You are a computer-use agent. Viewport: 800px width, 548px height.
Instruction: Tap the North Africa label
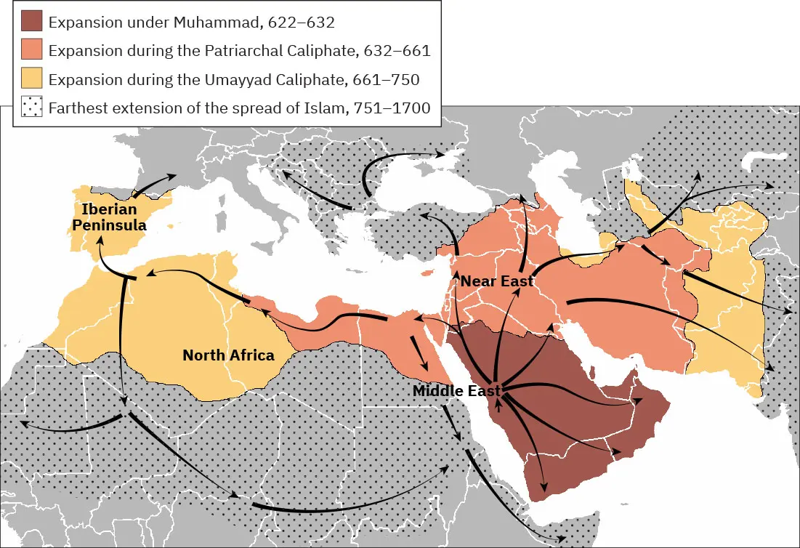point(228,355)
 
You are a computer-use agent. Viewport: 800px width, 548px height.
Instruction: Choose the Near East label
point(498,281)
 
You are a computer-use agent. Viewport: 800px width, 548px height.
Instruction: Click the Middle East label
point(456,391)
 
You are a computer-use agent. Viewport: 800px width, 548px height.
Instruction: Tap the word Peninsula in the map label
point(109,225)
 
